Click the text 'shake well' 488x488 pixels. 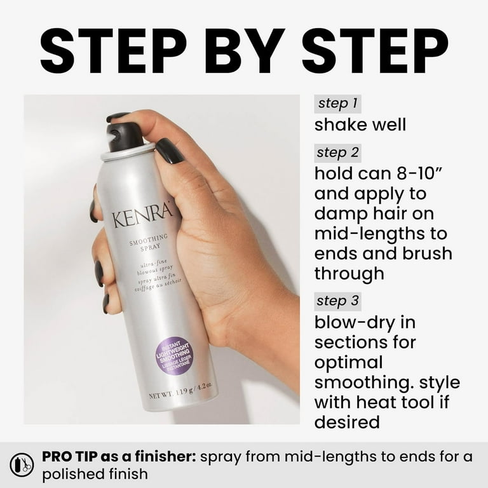(x=360, y=124)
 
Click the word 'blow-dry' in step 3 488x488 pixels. (x=356, y=322)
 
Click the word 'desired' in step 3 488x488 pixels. (x=347, y=422)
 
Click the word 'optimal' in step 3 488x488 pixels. (x=349, y=362)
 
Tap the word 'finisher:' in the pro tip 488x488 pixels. (x=164, y=456)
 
